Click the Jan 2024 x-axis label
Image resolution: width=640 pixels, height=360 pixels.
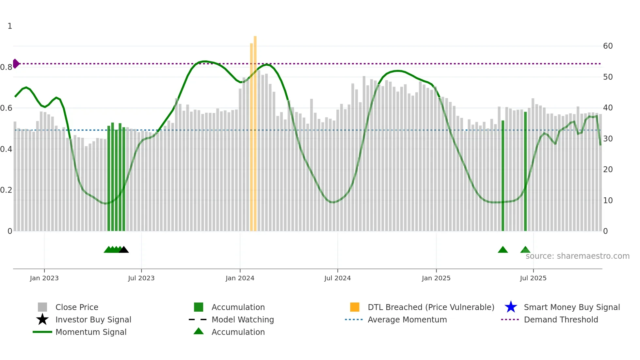click(x=240, y=278)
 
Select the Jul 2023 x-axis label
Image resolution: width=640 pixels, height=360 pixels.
click(x=141, y=278)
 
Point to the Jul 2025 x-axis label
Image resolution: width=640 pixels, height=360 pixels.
click(x=533, y=278)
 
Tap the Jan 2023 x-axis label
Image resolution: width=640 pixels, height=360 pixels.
click(x=44, y=278)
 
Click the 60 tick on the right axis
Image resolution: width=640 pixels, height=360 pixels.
click(x=608, y=46)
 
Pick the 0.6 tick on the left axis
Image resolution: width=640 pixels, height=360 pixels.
click(x=7, y=108)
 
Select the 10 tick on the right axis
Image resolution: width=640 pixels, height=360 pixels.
click(x=608, y=201)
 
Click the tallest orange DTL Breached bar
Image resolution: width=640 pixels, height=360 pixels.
click(x=255, y=131)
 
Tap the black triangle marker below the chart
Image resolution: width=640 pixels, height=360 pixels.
click(x=124, y=250)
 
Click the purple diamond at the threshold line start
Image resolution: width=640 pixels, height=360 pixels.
click(x=16, y=64)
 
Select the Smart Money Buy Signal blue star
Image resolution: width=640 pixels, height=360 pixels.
click(x=511, y=307)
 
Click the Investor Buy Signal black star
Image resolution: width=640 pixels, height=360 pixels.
click(x=42, y=319)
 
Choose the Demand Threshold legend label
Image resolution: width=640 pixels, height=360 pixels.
click(x=561, y=319)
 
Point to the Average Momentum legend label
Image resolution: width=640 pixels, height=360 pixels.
click(x=407, y=319)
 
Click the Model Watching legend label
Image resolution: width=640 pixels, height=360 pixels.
click(x=243, y=319)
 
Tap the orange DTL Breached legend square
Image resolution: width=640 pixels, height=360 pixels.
click(x=355, y=307)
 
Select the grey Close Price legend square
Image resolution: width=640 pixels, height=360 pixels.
click(x=42, y=307)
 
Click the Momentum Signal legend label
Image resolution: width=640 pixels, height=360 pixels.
click(x=91, y=332)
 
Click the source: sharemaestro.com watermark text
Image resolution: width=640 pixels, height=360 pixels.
click(x=577, y=256)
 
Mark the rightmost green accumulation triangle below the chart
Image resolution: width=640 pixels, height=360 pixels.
click(x=525, y=250)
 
